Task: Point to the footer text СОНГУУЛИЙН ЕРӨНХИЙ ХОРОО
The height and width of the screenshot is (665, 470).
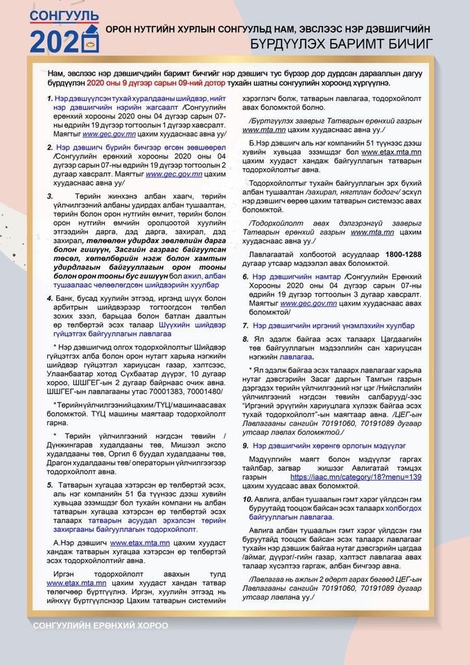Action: pos(100,626)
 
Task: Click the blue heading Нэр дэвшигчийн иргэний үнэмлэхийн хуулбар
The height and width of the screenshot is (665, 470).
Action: pos(333,325)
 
